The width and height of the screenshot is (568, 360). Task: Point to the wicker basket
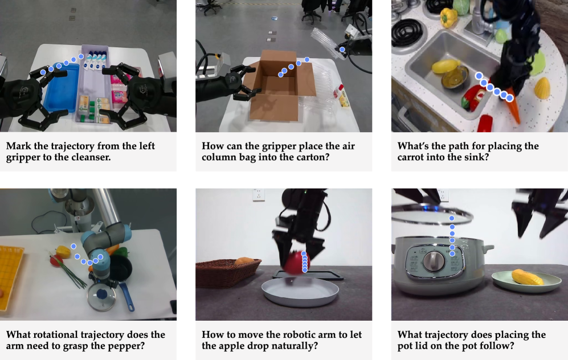point(227,272)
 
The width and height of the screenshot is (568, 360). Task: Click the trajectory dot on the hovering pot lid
point(452,218)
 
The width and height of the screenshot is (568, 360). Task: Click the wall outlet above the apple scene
point(259,194)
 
